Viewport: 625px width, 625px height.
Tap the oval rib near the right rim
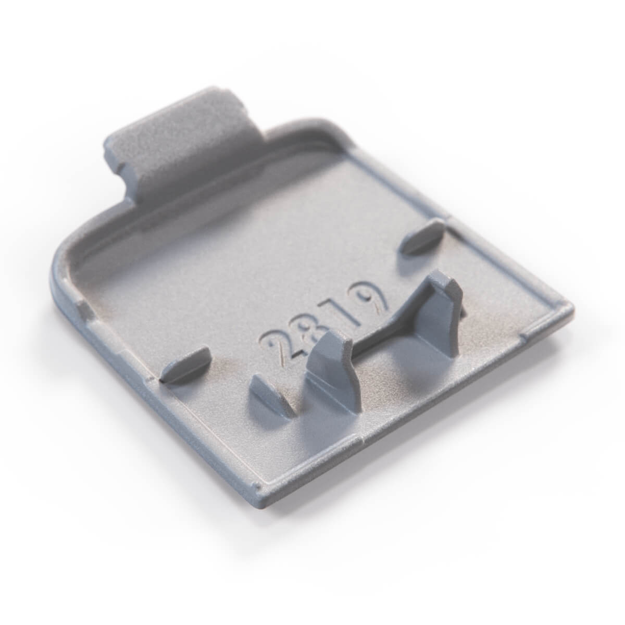422,238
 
